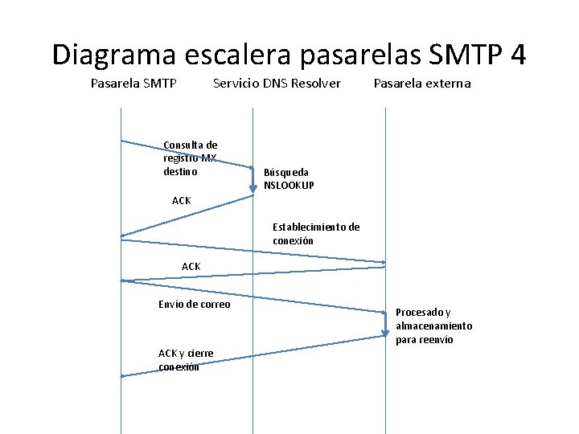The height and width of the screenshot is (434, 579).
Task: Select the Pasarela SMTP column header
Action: [133, 84]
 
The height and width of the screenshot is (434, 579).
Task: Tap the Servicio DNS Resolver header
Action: [277, 84]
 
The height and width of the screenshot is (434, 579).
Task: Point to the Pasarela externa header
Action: [422, 84]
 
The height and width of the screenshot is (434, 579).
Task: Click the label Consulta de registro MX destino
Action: [190, 158]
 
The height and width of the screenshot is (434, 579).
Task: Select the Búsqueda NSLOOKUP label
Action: [289, 178]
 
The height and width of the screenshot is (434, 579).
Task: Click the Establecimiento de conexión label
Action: [316, 234]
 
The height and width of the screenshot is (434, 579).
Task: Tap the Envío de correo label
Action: [194, 304]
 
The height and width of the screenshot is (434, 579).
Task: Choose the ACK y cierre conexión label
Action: [186, 360]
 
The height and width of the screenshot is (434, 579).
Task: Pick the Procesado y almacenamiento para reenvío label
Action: [434, 325]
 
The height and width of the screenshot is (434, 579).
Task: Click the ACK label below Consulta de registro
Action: [182, 200]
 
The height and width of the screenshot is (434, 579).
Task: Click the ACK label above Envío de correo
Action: [191, 266]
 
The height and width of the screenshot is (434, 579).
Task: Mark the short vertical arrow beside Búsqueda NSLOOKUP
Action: [253, 181]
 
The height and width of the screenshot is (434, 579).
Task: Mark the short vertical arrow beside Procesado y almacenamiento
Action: [385, 324]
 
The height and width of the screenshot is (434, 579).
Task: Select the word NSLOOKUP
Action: [289, 186]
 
